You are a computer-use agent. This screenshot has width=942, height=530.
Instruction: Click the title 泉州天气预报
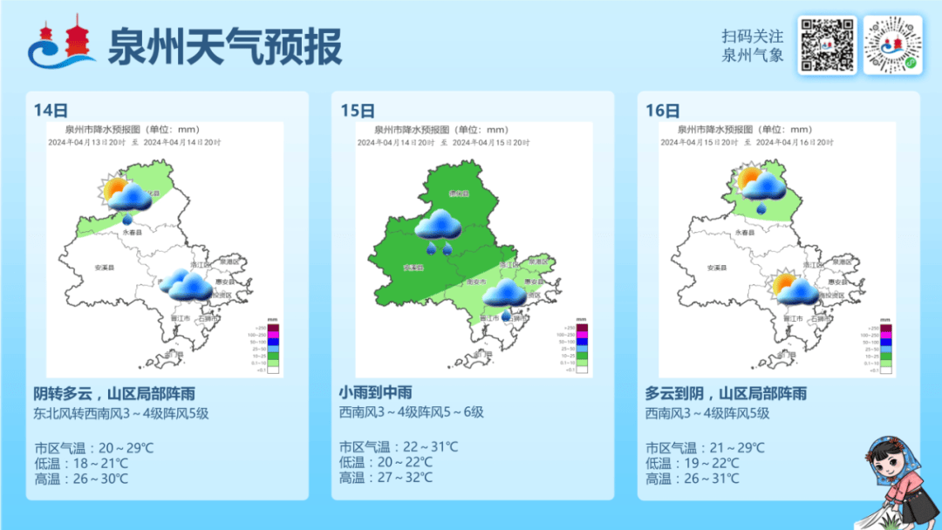point(224,46)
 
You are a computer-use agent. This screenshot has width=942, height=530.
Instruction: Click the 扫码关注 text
point(752,37)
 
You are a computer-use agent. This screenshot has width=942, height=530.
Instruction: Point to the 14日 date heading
point(51,111)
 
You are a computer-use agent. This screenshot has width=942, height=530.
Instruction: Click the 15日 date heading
point(357,111)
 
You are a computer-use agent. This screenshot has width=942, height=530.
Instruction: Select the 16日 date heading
point(663,111)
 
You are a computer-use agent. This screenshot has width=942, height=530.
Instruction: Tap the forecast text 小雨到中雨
point(375,393)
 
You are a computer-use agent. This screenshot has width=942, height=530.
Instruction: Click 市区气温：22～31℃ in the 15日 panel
point(399,446)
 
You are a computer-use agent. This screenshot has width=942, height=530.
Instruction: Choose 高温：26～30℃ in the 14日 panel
point(81,478)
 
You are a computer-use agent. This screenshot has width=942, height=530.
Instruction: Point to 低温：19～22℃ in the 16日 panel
point(693,463)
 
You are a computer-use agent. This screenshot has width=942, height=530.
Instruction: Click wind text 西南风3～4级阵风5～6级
point(411,412)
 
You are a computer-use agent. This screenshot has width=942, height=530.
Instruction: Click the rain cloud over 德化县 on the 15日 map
point(438,227)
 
